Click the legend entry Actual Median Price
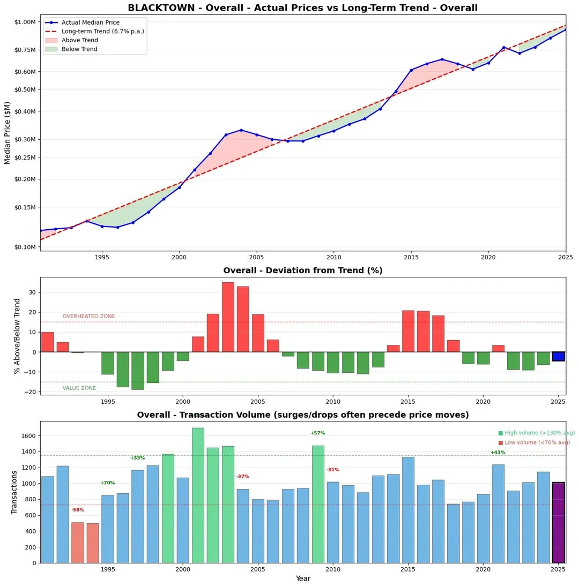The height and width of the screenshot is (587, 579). click(90, 22)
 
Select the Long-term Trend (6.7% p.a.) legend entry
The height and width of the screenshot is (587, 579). click(102, 31)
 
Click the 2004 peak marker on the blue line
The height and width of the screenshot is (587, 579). click(241, 130)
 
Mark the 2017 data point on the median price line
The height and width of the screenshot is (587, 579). click(442, 59)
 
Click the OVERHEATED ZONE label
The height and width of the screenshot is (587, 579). click(88, 317)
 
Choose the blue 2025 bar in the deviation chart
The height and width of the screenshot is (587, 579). click(559, 356)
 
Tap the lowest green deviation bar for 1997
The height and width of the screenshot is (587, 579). click(138, 371)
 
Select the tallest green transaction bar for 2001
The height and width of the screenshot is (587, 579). click(198, 495)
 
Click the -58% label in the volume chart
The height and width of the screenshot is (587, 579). click(78, 510)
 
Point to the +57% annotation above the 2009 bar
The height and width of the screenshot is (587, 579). click(317, 433)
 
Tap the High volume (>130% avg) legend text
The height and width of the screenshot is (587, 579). click(536, 433)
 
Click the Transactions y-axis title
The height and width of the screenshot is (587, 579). click(14, 492)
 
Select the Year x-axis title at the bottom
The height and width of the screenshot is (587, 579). click(303, 578)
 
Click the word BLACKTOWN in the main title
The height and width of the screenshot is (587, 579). click(158, 7)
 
